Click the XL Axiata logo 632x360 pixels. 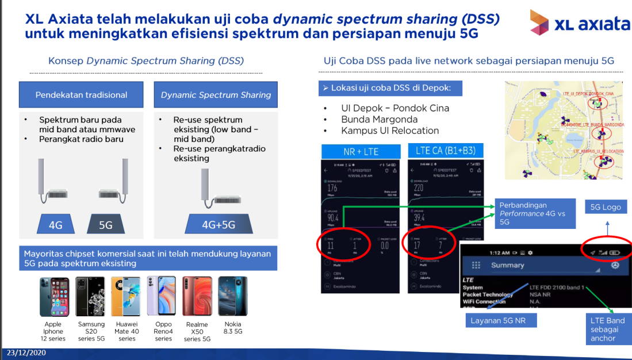tap(579, 23)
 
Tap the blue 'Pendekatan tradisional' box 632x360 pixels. tap(81, 95)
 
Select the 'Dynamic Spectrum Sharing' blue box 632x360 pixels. tap(216, 95)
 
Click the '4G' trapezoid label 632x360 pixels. tap(55, 225)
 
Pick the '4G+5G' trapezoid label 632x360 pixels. tap(218, 225)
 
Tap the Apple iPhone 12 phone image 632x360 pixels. tap(54, 296)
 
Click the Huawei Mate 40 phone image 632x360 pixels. tap(126, 296)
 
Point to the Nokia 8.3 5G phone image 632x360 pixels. tap(232, 296)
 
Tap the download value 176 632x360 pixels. tap(332, 188)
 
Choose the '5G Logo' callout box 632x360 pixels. tap(606, 207)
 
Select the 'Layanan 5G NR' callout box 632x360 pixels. tap(500, 320)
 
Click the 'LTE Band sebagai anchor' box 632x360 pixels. tap(607, 329)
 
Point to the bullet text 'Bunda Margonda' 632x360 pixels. tap(379, 119)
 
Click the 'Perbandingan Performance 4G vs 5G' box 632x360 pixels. tap(535, 213)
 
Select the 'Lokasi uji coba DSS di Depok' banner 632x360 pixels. tap(390, 88)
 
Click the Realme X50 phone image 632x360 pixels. tap(197, 296)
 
